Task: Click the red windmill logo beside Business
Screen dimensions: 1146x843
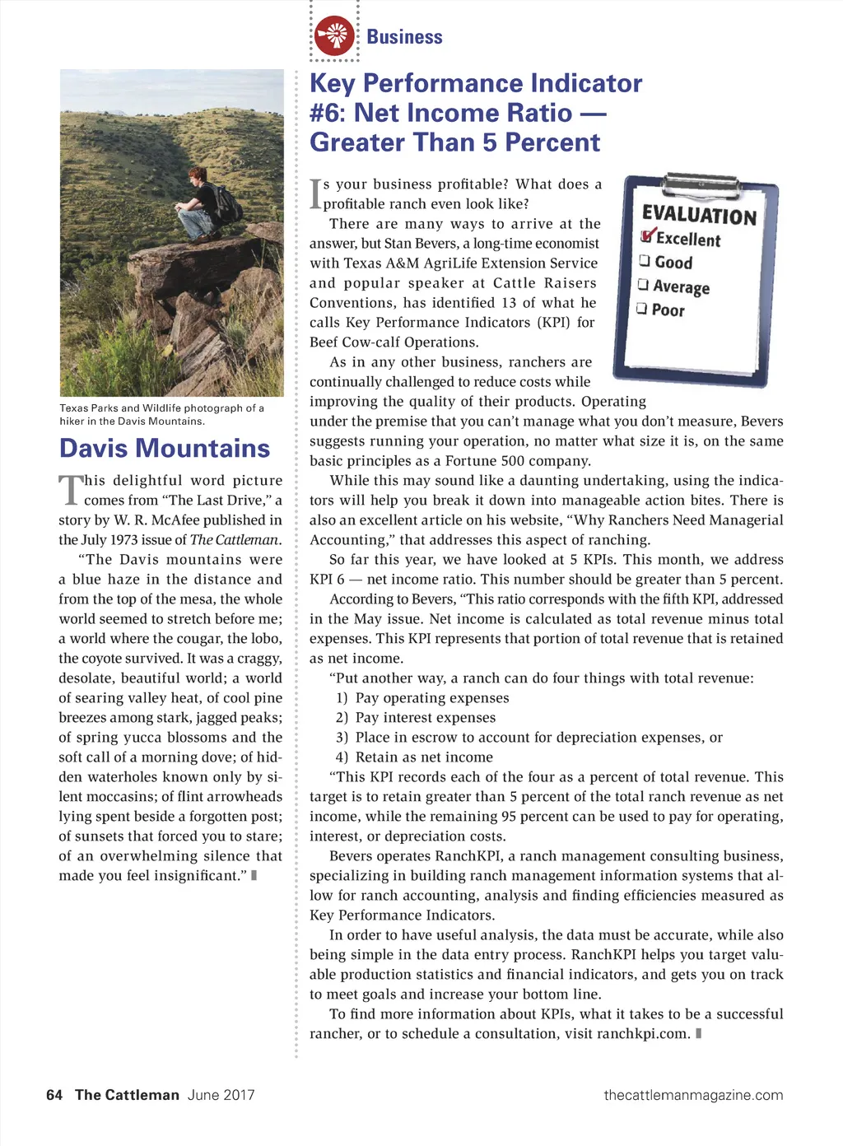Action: click(x=335, y=36)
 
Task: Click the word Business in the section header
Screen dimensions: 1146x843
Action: click(x=404, y=37)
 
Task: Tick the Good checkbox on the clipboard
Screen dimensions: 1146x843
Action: click(x=645, y=261)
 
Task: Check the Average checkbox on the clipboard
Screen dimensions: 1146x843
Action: click(x=643, y=285)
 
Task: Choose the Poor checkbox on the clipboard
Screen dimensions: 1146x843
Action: click(x=641, y=309)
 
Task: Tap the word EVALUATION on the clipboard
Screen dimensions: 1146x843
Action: click(x=699, y=215)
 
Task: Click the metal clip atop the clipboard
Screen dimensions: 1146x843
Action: click(x=701, y=181)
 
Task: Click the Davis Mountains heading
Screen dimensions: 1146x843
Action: click(x=165, y=448)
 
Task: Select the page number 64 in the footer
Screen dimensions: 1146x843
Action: click(x=54, y=1095)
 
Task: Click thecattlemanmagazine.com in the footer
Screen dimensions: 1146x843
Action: click(x=693, y=1095)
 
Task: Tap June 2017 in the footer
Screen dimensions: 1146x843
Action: click(x=221, y=1095)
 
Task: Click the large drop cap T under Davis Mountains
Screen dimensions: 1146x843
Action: click(x=71, y=489)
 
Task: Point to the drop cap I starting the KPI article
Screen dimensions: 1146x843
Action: click(x=315, y=194)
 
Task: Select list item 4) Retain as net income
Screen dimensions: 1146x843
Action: click(x=414, y=757)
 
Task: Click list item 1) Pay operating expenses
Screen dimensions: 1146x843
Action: click(x=422, y=698)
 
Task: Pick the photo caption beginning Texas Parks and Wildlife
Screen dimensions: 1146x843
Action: click(x=161, y=414)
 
